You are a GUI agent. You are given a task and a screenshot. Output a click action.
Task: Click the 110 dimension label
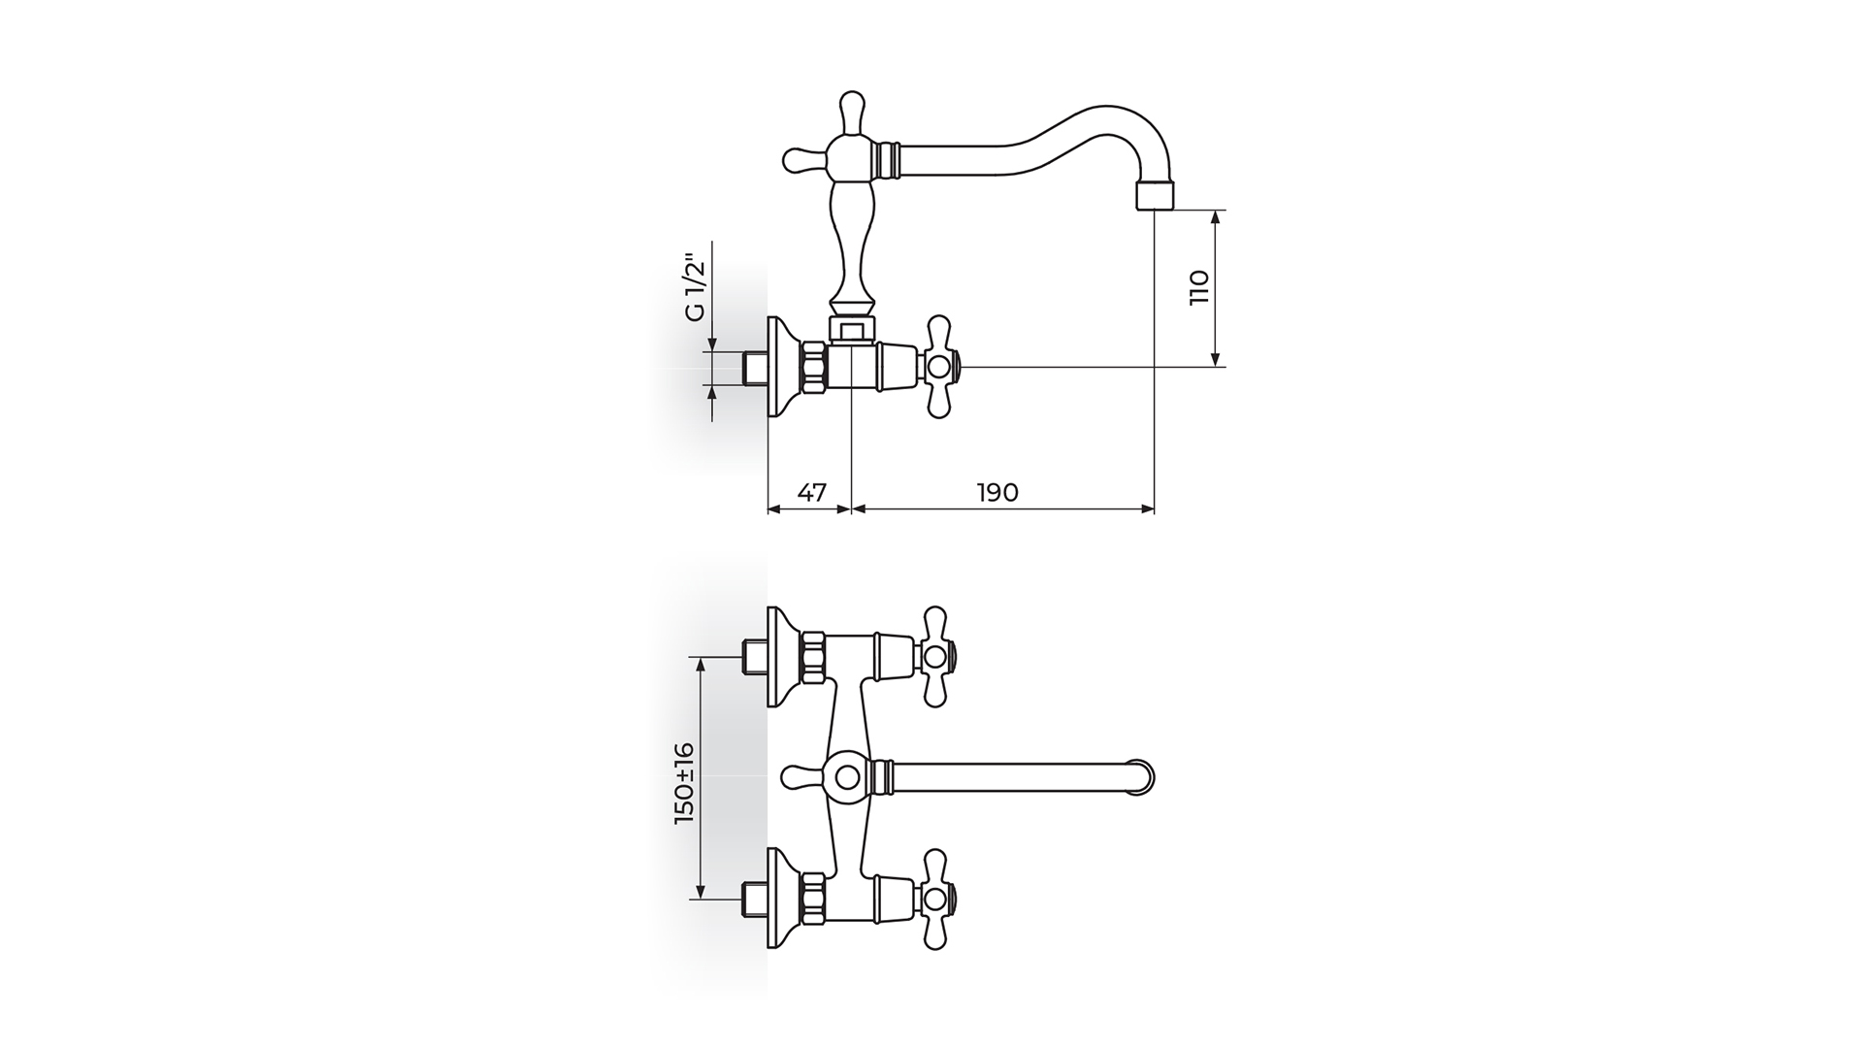point(1199,288)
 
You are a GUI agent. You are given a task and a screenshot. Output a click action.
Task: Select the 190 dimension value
point(997,493)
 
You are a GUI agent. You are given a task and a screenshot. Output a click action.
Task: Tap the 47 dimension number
point(811,493)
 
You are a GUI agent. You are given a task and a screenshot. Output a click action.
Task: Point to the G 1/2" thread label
point(693,288)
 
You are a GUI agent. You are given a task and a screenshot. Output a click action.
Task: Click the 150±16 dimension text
point(685,783)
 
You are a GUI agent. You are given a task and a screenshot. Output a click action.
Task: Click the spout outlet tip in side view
point(1155,197)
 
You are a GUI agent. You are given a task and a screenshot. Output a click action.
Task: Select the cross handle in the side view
point(939,367)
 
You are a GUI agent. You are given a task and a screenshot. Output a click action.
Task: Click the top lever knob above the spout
point(851,114)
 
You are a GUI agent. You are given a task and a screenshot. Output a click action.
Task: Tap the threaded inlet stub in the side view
point(754,367)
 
